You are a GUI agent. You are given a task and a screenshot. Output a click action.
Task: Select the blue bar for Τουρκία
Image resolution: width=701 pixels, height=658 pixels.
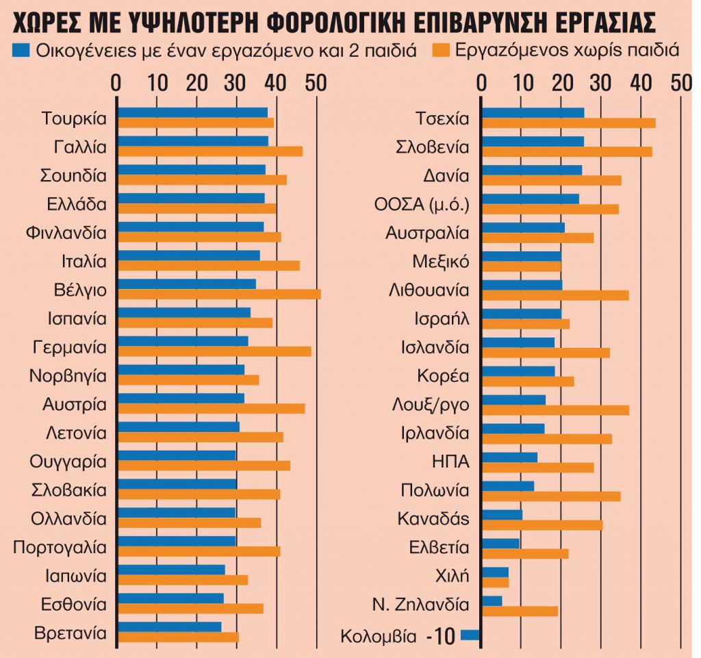[192, 112]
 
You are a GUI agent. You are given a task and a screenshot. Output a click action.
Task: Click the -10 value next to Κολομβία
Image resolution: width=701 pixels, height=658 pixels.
[439, 636]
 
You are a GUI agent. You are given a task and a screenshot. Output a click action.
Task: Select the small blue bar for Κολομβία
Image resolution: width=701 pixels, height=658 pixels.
[471, 635]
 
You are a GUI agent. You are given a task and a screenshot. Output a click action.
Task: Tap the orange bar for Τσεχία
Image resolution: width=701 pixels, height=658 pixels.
[569, 123]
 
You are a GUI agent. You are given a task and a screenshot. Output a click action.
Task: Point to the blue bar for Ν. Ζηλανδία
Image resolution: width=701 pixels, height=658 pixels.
[492, 600]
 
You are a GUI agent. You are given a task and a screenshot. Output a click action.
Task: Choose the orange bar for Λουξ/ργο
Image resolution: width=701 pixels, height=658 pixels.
[555, 410]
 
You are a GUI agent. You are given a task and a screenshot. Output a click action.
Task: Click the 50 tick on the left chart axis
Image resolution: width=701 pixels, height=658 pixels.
[316, 83]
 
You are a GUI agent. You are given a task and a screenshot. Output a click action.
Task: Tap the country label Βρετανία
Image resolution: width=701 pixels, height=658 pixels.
[71, 632]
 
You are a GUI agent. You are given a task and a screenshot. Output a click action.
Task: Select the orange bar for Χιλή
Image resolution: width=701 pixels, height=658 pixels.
[496, 582]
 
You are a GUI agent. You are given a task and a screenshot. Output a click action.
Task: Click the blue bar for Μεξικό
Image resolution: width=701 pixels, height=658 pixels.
[521, 256]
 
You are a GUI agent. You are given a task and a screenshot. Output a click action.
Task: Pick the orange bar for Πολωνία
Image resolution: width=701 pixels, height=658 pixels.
[551, 496]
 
